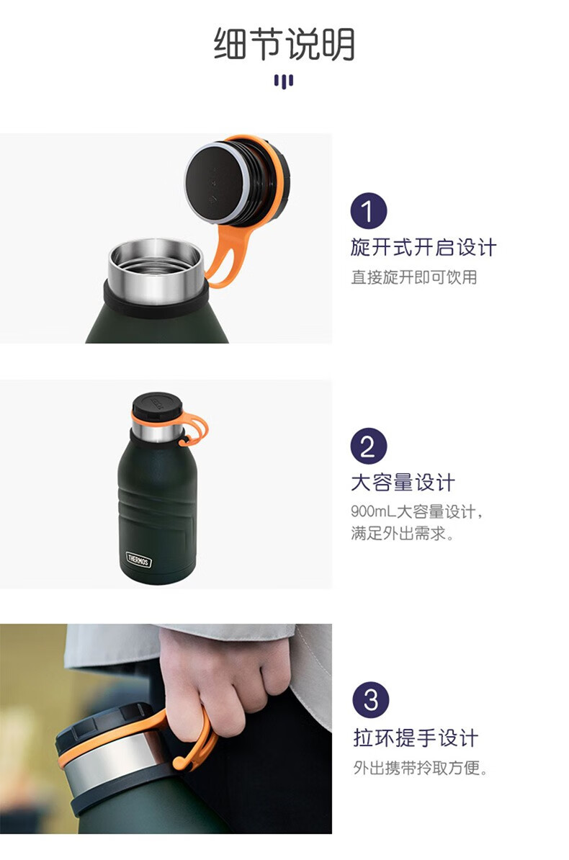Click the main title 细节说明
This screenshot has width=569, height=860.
284,43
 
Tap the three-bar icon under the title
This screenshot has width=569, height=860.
284,81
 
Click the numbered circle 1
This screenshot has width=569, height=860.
369,210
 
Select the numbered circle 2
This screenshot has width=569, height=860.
369,446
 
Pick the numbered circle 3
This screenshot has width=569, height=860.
371,699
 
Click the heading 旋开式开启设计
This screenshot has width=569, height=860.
424,247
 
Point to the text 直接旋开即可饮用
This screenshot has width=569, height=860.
414,277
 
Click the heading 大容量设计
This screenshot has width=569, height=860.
403,483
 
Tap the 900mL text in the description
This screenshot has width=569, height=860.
373,511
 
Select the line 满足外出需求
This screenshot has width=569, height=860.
403,533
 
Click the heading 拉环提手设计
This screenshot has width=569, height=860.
416,737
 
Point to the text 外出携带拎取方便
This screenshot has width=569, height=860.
421,768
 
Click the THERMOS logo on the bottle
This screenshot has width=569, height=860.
138,560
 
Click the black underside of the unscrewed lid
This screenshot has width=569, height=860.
215,182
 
